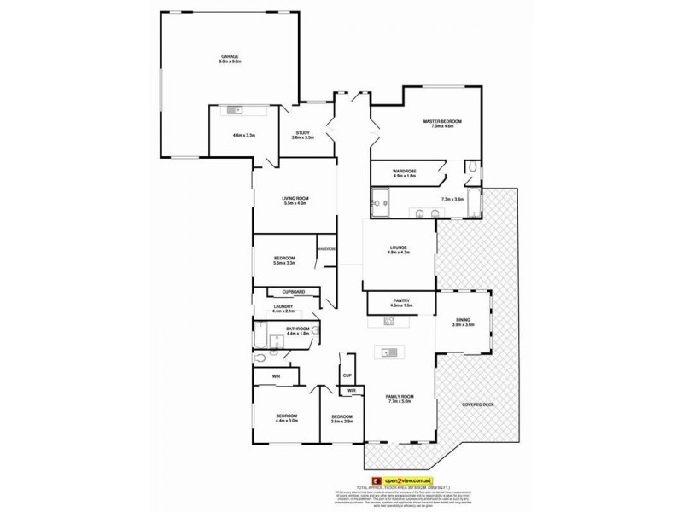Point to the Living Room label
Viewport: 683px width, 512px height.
pyautogui.click(x=295, y=201)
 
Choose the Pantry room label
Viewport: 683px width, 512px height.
pyautogui.click(x=402, y=300)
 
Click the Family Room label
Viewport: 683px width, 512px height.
pyautogui.click(x=400, y=397)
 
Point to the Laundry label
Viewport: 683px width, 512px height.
pyautogui.click(x=284, y=306)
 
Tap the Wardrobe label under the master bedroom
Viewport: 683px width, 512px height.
pyautogui.click(x=405, y=172)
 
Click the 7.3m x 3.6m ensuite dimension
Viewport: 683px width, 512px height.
pyautogui.click(x=452, y=199)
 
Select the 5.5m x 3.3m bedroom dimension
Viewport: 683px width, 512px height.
pyautogui.click(x=284, y=263)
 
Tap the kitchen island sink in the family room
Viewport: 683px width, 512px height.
pyautogui.click(x=388, y=352)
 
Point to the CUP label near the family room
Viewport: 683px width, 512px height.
pyautogui.click(x=347, y=375)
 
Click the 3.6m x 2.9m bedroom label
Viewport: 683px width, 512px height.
pyautogui.click(x=341, y=420)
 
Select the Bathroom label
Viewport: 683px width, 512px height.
pyautogui.click(x=298, y=329)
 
